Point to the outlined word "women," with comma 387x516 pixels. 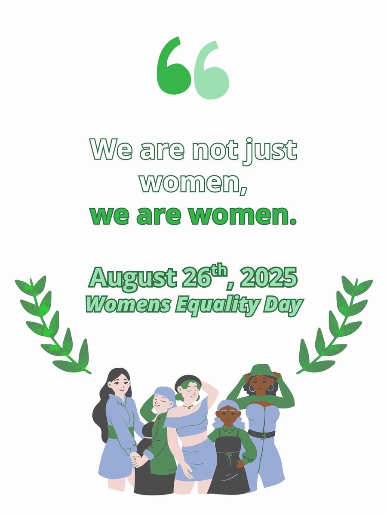194,183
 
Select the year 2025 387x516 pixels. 268,278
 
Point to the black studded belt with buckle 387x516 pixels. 261,434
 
